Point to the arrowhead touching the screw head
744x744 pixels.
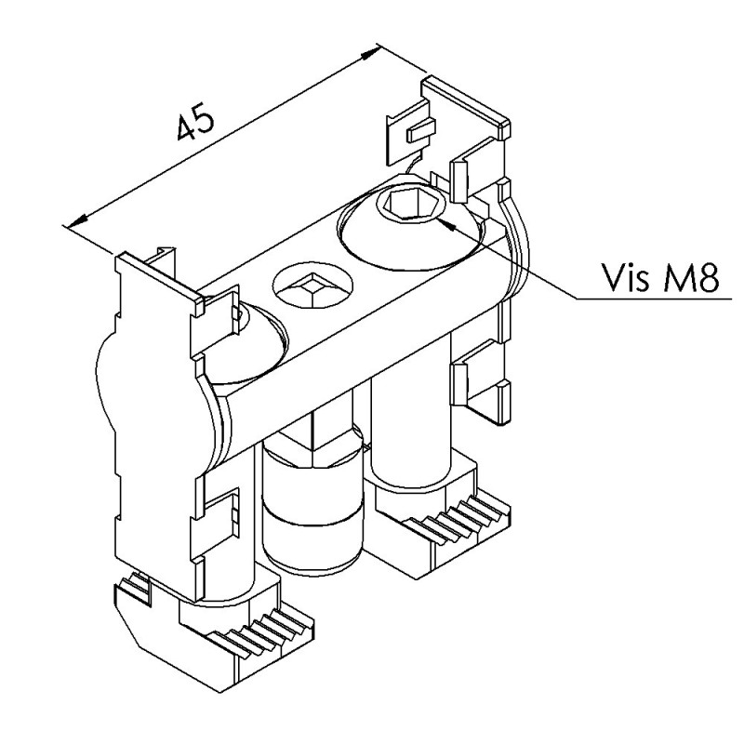(x=447, y=225)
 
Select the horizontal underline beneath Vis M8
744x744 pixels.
(x=655, y=299)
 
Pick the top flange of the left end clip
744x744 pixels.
(x=160, y=280)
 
